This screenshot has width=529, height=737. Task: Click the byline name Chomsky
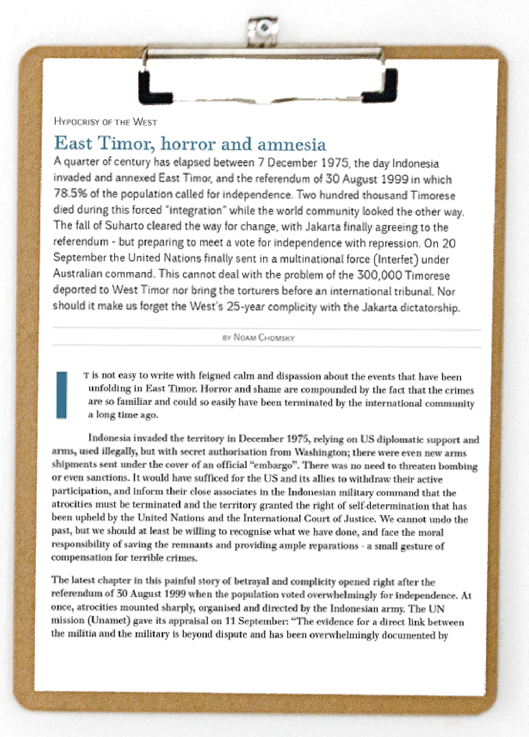[276, 338]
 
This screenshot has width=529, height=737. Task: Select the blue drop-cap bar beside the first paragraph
[62, 395]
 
